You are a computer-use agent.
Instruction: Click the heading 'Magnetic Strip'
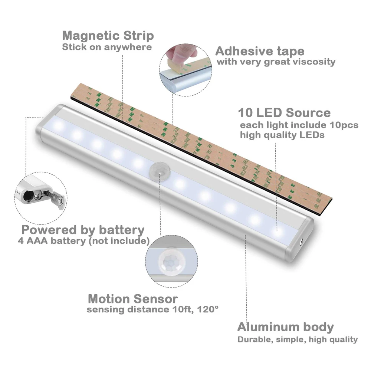pyautogui.click(x=108, y=36)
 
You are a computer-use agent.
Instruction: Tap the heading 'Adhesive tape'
pyautogui.click(x=260, y=51)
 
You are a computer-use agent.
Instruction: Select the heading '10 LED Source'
pyautogui.click(x=284, y=112)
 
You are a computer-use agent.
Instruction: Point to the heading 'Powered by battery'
pyautogui.click(x=82, y=230)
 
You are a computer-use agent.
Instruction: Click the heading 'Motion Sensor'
pyautogui.click(x=133, y=299)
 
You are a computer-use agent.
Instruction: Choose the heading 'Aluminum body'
pyautogui.click(x=285, y=327)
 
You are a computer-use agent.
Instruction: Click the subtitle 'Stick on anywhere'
pyautogui.click(x=107, y=47)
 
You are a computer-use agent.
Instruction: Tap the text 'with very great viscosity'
pyautogui.click(x=276, y=62)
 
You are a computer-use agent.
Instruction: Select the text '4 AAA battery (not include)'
pyautogui.click(x=83, y=241)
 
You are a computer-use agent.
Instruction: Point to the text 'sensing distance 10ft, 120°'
pyautogui.click(x=150, y=309)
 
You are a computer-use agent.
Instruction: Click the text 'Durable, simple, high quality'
pyautogui.click(x=298, y=339)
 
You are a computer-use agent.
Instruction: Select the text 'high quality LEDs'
pyautogui.click(x=282, y=135)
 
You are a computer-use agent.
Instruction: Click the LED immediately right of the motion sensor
pyautogui.click(x=180, y=183)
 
